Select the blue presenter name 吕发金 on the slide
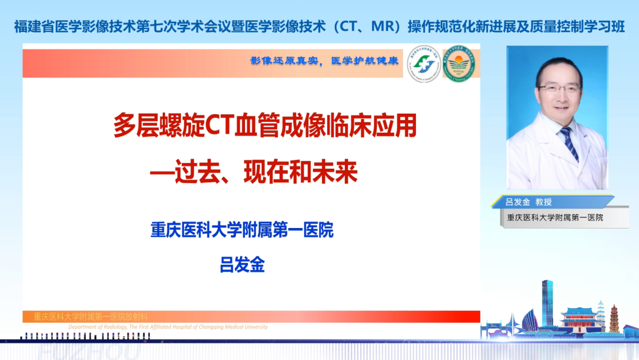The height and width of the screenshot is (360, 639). pyautogui.click(x=242, y=264)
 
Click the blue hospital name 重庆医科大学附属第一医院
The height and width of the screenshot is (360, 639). pyautogui.click(x=242, y=230)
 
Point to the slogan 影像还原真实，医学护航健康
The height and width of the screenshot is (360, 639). pyautogui.click(x=324, y=61)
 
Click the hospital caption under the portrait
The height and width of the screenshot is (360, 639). pyautogui.click(x=555, y=217)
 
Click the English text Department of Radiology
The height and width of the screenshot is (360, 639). pyautogui.click(x=169, y=327)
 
